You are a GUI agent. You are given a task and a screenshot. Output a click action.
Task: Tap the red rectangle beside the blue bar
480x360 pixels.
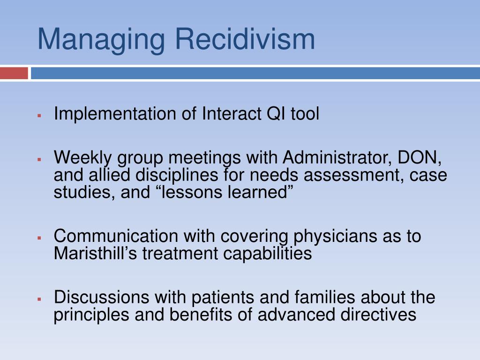tap(14, 74)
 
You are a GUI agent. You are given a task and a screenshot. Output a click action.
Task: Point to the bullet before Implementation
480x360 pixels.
tap(39, 116)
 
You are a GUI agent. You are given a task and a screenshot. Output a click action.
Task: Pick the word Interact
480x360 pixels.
tap(231, 113)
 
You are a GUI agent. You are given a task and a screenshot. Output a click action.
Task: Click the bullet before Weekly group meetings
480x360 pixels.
tap(39, 159)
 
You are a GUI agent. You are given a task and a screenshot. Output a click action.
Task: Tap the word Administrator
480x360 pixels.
tap(337, 157)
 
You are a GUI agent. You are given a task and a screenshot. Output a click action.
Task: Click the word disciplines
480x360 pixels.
tap(177, 175)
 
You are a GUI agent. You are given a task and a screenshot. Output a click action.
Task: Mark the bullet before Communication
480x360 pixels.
tap(39, 238)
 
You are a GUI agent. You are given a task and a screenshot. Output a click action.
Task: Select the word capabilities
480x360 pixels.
tap(267, 254)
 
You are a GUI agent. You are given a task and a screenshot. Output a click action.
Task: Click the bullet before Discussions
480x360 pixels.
tap(39, 299)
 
